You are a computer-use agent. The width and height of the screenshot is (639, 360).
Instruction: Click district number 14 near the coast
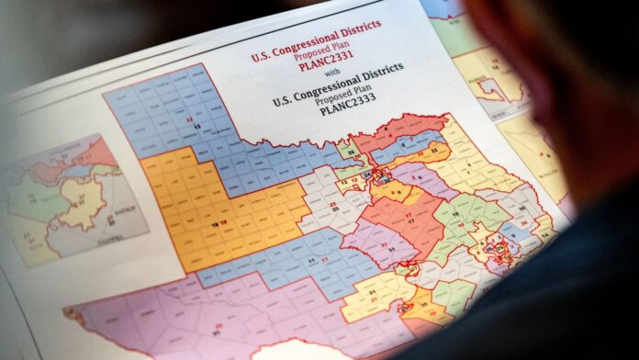pyautogui.click(x=543, y=236)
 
